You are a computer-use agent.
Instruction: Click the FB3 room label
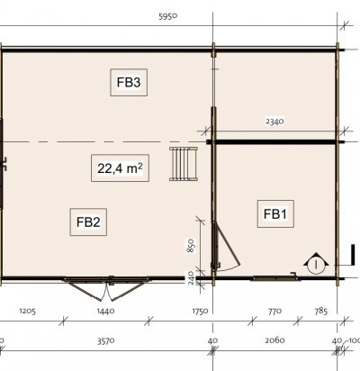[129, 82]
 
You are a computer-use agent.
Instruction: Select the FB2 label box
[88, 222]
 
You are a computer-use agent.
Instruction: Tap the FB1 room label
[275, 213]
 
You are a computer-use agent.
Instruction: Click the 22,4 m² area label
[120, 168]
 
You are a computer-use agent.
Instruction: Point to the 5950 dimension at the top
[168, 16]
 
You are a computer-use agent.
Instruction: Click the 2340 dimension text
[274, 122]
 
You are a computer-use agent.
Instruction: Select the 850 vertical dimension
[192, 246]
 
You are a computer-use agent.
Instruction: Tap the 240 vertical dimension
[192, 277]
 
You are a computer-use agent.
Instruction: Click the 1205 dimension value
[28, 311]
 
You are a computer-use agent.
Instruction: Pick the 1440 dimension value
[105, 311]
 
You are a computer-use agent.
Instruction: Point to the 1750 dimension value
[200, 311]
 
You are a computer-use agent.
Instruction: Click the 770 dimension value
[274, 311]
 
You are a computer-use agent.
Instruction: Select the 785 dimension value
[321, 311]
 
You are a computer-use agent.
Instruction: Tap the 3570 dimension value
[105, 341]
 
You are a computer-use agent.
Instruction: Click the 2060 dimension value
[274, 340]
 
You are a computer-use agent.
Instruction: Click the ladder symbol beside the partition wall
[184, 164]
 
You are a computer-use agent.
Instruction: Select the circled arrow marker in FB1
[316, 263]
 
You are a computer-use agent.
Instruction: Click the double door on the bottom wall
[106, 287]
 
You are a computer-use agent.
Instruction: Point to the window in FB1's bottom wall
[275, 277]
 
